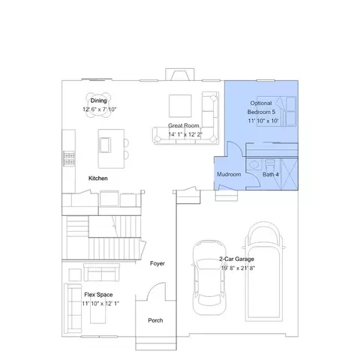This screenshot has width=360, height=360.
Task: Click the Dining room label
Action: click(x=98, y=100)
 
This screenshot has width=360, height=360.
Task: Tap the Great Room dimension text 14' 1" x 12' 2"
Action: click(x=185, y=134)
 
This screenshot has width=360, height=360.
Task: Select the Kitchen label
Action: click(x=98, y=178)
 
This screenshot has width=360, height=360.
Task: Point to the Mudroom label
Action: click(x=229, y=174)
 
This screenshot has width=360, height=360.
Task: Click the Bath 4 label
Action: click(x=271, y=174)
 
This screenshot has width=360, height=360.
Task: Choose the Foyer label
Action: click(x=157, y=263)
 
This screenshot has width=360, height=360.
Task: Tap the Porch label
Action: click(x=155, y=320)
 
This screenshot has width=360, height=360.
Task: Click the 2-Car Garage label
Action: click(x=236, y=259)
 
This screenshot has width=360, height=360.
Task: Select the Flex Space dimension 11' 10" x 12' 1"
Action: click(x=100, y=304)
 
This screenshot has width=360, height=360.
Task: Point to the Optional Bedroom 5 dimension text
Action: click(x=263, y=121)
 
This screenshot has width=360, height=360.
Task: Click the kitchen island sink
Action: click(x=105, y=145)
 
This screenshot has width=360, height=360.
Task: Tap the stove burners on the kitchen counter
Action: click(x=69, y=158)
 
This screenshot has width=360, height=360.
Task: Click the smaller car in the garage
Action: click(x=209, y=277)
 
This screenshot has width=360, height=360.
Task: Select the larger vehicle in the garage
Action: click(x=264, y=271)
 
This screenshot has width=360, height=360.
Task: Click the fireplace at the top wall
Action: click(x=180, y=74)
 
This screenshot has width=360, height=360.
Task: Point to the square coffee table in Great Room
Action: click(x=180, y=106)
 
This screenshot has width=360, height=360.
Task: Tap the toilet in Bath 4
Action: click(x=269, y=165)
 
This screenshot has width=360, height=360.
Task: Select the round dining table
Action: click(x=98, y=105)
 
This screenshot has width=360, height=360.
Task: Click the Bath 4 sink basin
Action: click(x=254, y=164)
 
